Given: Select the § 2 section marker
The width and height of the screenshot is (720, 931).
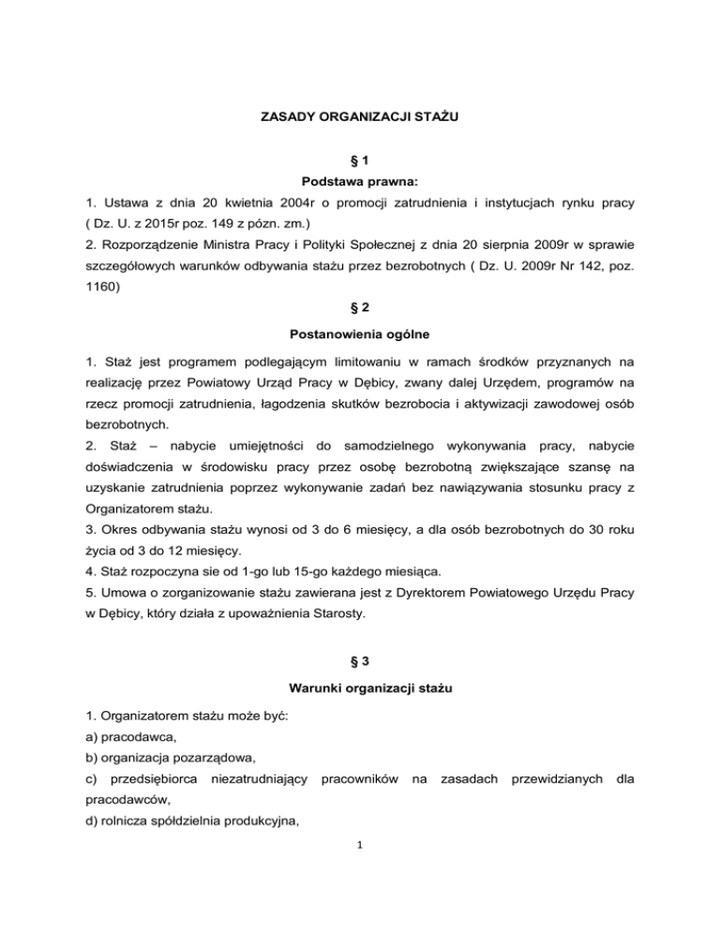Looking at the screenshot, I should (x=360, y=324).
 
